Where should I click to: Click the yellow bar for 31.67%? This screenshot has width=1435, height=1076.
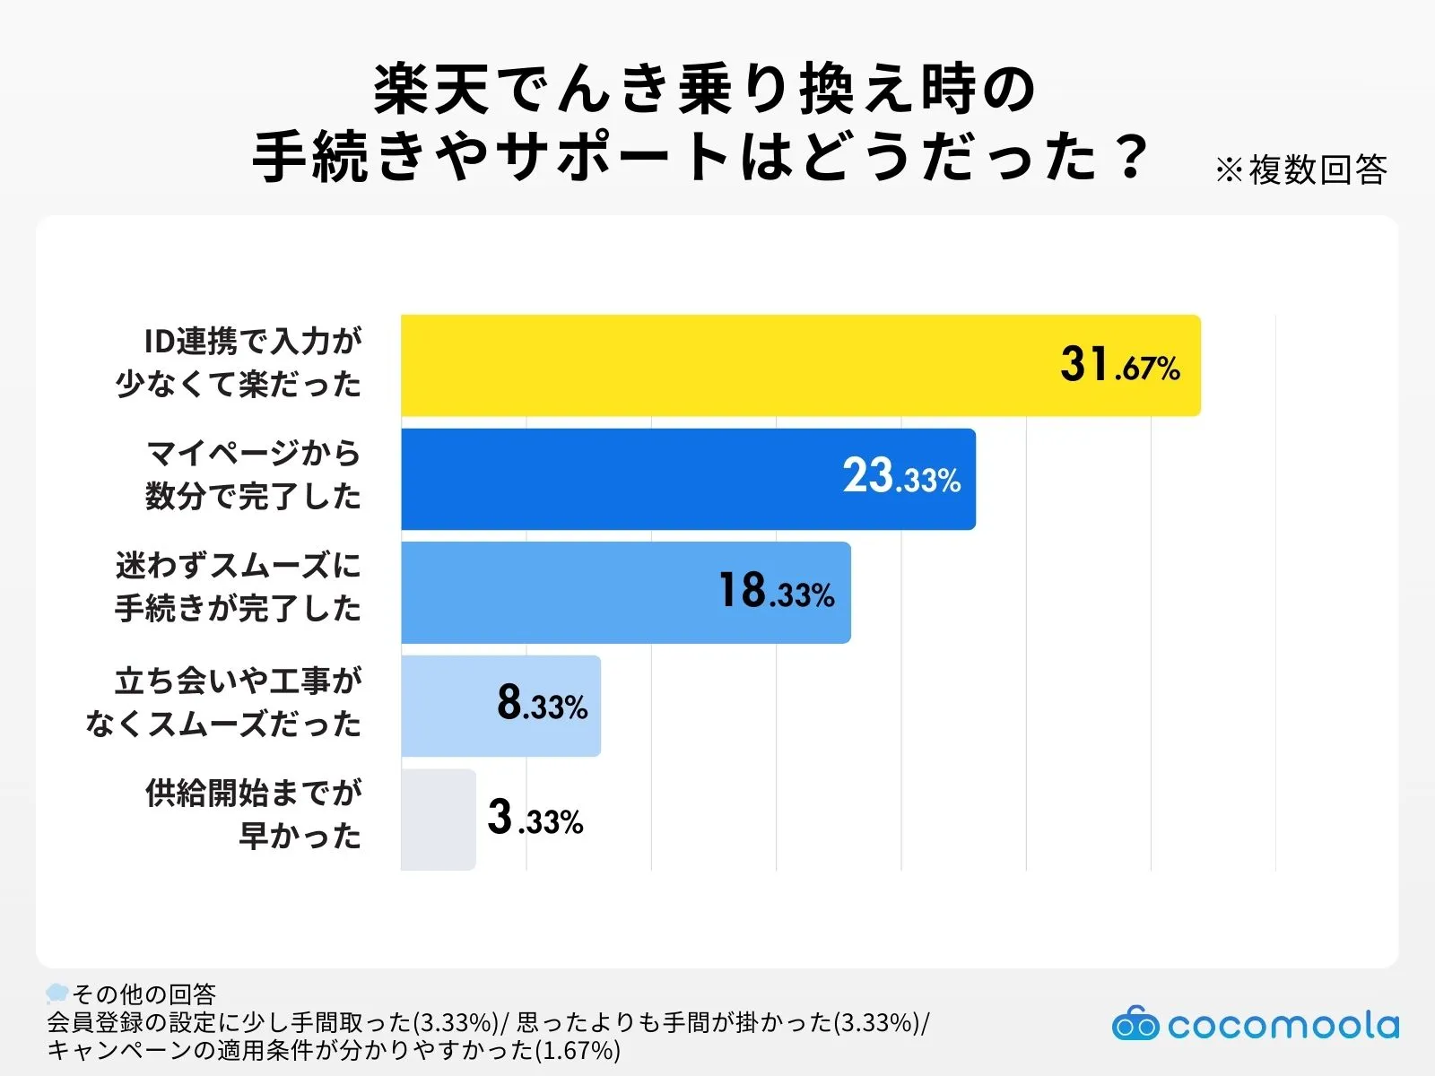tap(717, 365)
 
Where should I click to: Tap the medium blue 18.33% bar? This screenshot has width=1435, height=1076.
tap(556, 592)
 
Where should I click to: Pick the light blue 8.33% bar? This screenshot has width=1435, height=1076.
tap(448, 706)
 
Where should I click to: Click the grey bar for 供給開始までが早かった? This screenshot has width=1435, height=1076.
tap(438, 819)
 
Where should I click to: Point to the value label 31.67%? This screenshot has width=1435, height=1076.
tap(1119, 365)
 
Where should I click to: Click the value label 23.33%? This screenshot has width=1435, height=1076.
tap(901, 477)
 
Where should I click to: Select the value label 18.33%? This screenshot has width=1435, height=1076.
tap(777, 592)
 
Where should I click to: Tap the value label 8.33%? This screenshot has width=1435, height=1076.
tap(543, 704)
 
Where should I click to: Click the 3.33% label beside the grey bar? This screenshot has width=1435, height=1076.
tap(535, 819)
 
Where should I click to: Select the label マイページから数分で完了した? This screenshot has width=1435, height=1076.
tap(253, 475)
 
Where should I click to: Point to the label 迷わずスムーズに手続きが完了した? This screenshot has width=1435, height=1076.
tap(239, 588)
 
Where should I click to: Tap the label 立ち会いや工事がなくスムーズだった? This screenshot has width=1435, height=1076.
tap(224, 702)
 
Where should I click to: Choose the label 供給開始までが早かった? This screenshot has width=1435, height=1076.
tap(254, 814)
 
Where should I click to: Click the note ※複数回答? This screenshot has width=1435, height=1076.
tap(1300, 169)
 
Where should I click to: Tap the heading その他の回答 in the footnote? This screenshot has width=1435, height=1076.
tap(143, 994)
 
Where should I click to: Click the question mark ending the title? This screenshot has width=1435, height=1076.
tap(1133, 157)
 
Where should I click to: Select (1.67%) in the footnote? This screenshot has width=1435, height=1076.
tap(578, 1050)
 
